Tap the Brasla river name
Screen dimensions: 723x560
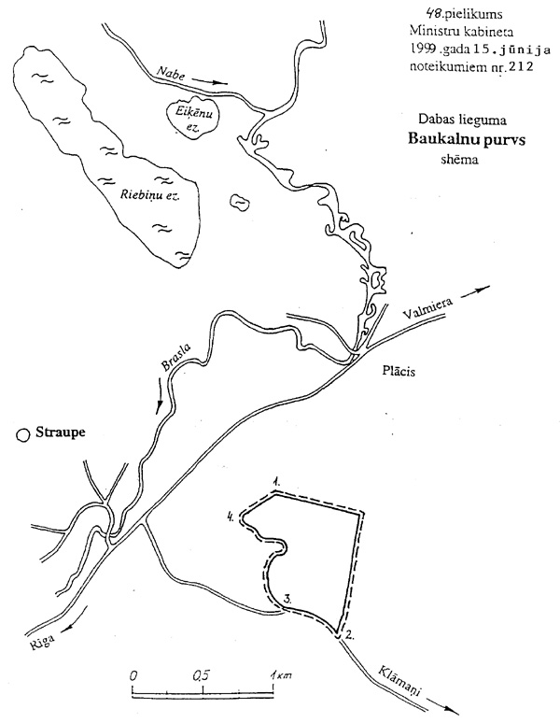[x=178, y=360]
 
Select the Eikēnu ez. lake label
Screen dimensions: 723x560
[x=190, y=119]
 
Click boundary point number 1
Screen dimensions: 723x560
[x=277, y=481]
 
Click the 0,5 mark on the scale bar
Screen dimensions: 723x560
[x=201, y=674]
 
